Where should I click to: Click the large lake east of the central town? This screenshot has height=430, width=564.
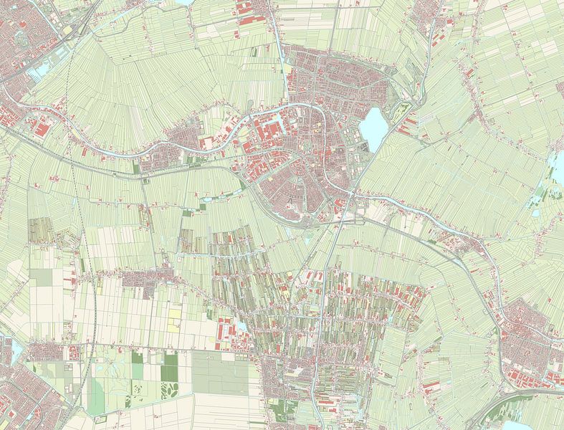point(373,128)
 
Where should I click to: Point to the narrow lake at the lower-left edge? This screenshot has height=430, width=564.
point(15,349)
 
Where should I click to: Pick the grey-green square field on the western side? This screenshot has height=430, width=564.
point(41,277)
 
